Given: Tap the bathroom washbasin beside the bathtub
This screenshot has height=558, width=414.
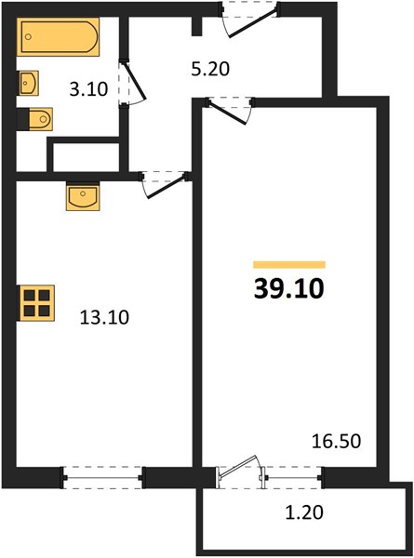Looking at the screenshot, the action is (29, 83).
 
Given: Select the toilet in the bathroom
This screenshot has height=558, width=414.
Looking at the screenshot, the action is (34, 119).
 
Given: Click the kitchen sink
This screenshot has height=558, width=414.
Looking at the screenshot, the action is (83, 196).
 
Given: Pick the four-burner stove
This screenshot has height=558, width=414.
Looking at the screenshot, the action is (35, 303).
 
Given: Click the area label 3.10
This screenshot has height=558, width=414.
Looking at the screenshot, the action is (88, 89).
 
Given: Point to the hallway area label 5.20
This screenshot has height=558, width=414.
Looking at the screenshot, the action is (210, 69).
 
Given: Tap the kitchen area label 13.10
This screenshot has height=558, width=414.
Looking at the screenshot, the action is (104, 317).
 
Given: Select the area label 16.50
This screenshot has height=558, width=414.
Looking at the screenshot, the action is (336, 441).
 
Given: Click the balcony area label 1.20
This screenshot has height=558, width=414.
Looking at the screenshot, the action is (305, 512).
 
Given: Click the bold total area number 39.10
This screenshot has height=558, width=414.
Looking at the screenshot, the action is (288, 288).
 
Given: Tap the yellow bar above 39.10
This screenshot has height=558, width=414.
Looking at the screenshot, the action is (289, 264).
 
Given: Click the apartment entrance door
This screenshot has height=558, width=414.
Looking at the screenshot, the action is (249, 20).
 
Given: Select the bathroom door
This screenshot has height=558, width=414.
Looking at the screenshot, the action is (132, 83).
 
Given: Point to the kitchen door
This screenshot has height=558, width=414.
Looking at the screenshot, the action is (165, 184).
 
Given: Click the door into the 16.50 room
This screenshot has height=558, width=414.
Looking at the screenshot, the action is (230, 110).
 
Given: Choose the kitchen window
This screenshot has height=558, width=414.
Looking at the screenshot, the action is (103, 478).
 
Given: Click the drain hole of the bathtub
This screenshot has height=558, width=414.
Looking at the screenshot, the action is (29, 36).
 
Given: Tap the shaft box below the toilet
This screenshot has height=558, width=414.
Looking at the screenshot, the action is (85, 156).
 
